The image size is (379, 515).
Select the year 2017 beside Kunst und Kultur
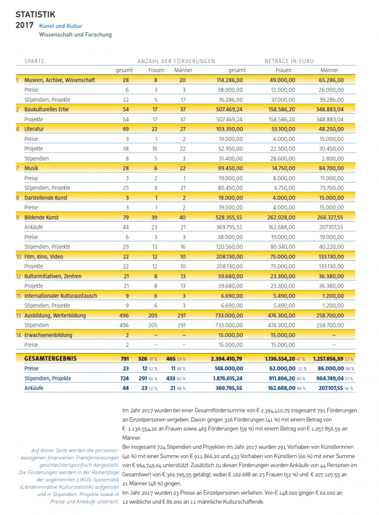click(24, 25)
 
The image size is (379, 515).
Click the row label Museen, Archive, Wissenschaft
click(59, 80)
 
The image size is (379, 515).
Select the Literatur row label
click(34, 129)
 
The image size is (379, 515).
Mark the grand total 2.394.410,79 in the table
click(224, 358)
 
